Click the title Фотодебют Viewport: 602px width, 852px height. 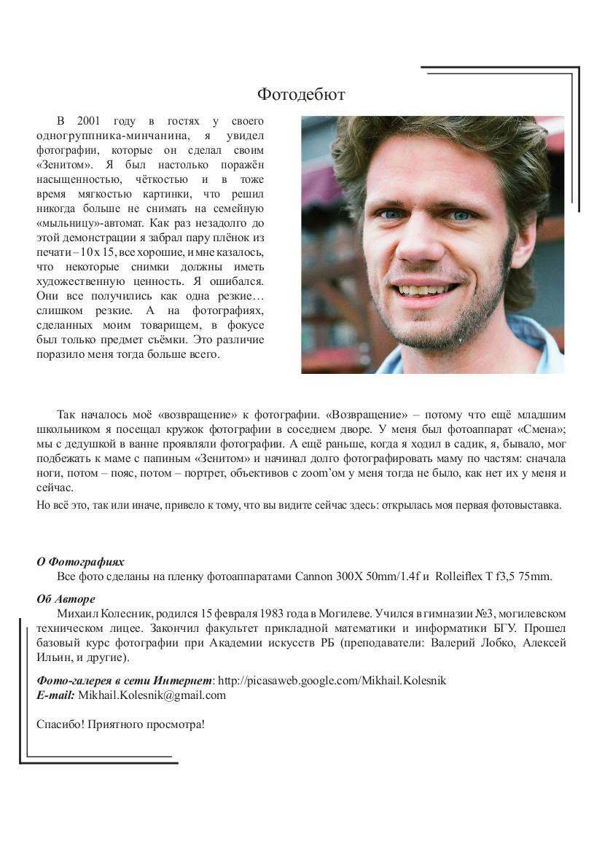point(300,95)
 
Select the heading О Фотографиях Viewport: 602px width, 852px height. point(80,562)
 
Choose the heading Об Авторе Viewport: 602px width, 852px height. point(66,599)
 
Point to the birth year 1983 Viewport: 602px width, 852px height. point(262,614)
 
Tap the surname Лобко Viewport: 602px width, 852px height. point(492,643)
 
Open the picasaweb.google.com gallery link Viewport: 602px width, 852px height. point(332,681)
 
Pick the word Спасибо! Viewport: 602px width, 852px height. point(60,724)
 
